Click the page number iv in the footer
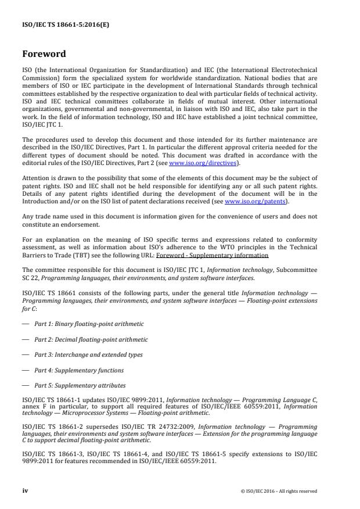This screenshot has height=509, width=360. pyautogui.click(x=25, y=491)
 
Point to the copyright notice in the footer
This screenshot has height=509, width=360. pyautogui.click(x=278, y=492)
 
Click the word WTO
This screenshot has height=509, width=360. pyautogui.click(x=239, y=248)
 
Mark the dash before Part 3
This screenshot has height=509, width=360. pyautogui.click(x=25, y=354)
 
